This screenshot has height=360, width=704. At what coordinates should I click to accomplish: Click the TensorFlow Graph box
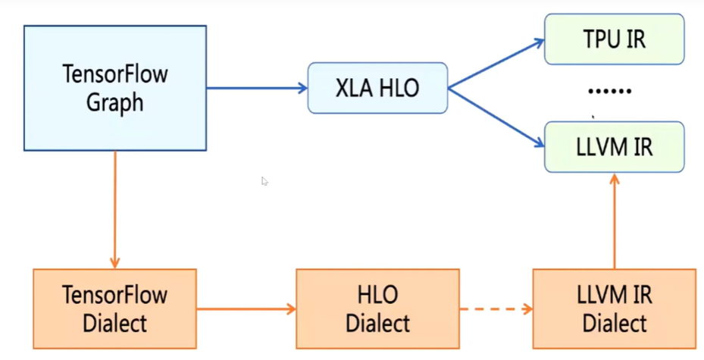114,88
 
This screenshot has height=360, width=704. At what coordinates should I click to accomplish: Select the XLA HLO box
377,88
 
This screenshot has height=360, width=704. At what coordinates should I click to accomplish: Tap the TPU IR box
614,39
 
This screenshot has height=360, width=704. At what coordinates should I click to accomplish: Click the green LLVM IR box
614,147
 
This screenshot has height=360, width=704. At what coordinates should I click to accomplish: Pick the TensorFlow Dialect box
114,309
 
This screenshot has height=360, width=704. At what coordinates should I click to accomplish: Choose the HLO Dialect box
377,309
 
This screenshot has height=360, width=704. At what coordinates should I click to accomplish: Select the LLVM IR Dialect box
614,309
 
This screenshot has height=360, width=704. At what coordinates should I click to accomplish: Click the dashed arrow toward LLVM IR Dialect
496,309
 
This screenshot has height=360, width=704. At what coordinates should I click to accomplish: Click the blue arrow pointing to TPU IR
496,64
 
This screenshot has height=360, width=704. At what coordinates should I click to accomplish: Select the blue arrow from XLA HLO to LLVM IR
496,115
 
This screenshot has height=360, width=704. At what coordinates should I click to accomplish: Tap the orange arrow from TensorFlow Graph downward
114,209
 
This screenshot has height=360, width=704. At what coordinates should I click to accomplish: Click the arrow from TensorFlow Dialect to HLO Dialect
246,309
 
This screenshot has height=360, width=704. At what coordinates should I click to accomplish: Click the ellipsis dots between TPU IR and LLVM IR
610,91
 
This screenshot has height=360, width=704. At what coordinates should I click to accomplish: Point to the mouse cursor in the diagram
264,181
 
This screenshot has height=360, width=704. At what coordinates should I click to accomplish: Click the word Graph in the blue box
114,102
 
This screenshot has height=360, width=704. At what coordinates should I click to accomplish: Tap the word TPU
596,39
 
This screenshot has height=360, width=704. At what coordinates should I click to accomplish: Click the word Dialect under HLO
377,323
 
